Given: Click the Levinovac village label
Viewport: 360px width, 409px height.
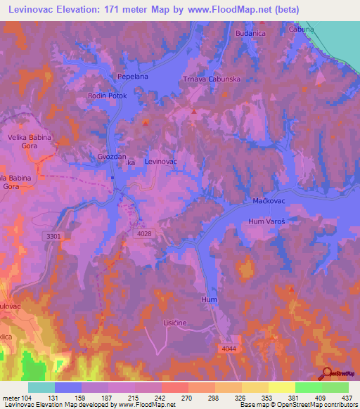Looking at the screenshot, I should pos(160,162).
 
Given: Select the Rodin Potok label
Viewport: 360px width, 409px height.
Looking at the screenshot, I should pos(105,95).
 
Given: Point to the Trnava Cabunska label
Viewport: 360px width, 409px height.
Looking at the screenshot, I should pos(212,79).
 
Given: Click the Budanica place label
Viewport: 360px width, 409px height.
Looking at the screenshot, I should pos(251,33).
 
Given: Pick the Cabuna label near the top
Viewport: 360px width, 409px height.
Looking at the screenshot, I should pos(301,30).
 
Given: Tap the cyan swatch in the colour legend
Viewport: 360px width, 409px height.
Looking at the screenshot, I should pos(41,387).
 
